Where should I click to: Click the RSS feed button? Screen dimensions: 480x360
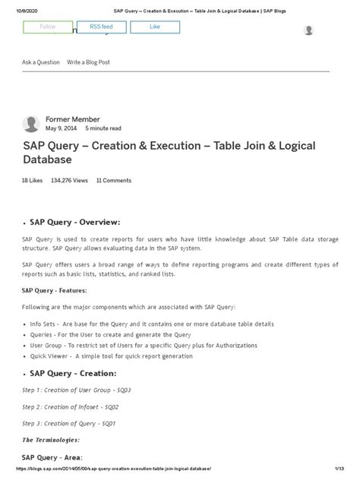click(x=102, y=28)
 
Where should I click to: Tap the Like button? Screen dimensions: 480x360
click(x=155, y=28)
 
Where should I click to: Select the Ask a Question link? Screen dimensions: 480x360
click(x=41, y=62)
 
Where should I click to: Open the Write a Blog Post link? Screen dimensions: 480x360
click(x=89, y=62)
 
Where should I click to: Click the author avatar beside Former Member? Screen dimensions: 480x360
click(x=31, y=124)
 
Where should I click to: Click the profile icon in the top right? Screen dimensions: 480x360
click(x=308, y=30)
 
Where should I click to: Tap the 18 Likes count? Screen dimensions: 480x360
click(x=33, y=181)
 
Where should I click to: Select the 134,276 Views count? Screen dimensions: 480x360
click(x=70, y=181)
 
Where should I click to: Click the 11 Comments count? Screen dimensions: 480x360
click(x=114, y=181)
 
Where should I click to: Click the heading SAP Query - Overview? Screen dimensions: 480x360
click(x=75, y=222)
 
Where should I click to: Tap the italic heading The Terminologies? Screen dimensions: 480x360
click(x=51, y=440)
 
